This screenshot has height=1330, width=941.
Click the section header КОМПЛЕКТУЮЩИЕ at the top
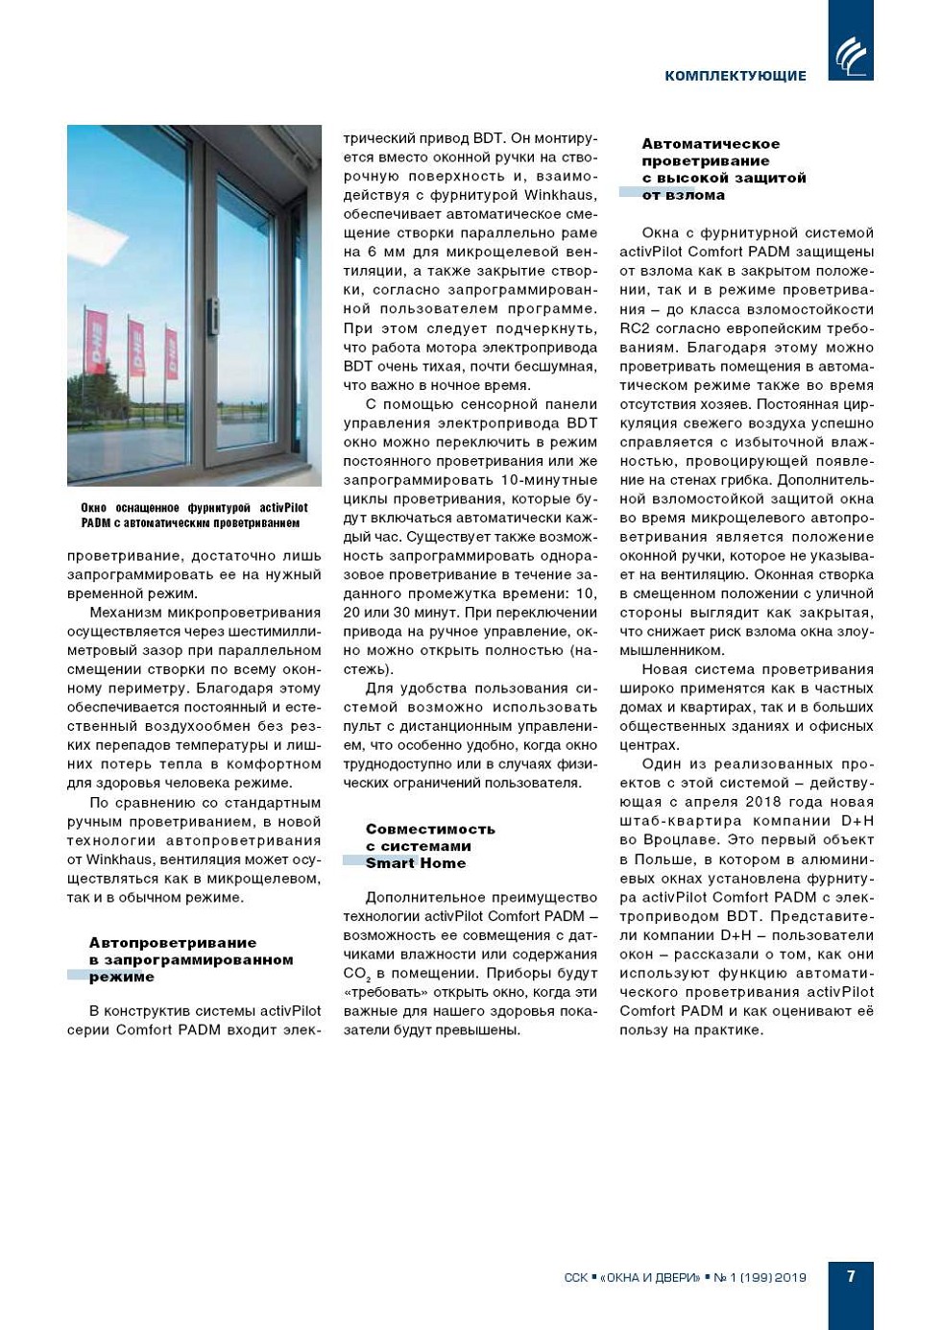tap(735, 76)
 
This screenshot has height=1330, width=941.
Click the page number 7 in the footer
tap(851, 1276)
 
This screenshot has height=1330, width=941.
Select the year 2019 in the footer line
tap(790, 1278)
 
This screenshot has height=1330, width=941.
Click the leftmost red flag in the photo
tap(96, 341)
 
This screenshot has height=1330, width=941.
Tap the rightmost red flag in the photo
tap(171, 352)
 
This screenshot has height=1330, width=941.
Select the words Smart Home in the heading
tap(415, 863)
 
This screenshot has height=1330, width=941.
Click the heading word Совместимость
tap(430, 829)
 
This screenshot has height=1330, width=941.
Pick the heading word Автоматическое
tap(711, 144)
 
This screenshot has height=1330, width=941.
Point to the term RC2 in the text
tap(635, 328)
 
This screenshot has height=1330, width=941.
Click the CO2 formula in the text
tap(356, 974)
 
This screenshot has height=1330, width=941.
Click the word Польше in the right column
tap(664, 859)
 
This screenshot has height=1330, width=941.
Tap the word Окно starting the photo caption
tap(94, 508)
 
